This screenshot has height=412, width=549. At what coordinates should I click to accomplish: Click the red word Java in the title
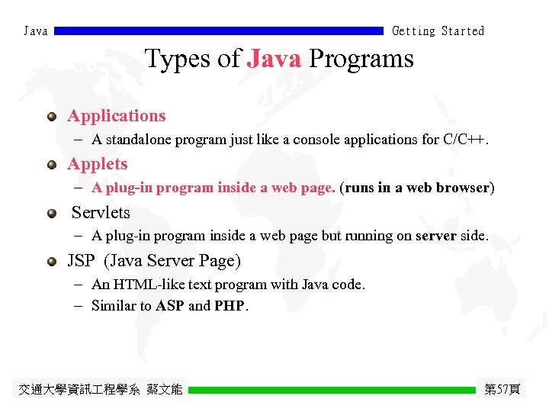coord(274,59)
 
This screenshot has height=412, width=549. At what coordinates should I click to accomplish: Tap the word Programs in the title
coord(361,59)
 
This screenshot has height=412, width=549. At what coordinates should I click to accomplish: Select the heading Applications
coord(116,116)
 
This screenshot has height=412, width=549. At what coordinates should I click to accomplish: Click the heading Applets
coord(97,164)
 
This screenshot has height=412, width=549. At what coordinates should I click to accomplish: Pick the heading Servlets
coord(101,213)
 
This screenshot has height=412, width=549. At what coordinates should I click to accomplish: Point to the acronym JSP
coord(81,261)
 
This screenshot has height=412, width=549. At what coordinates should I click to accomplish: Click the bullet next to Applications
coord(51,117)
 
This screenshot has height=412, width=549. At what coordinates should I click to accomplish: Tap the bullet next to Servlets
coord(51,214)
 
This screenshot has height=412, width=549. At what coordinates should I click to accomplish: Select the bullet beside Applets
coord(51,165)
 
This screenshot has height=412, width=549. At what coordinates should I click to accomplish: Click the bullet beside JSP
coord(51,262)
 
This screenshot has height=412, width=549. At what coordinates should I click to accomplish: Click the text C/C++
coord(464,140)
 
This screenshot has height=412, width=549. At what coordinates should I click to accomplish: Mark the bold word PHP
coord(230,306)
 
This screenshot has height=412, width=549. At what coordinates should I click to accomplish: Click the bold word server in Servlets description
coord(435,237)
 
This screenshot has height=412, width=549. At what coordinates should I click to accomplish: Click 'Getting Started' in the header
coord(438,31)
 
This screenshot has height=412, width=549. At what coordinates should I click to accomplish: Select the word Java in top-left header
coord(36,31)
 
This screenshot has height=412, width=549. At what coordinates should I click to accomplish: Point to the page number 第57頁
coord(502,390)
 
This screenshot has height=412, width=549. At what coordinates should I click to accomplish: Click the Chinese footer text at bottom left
coord(100,390)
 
